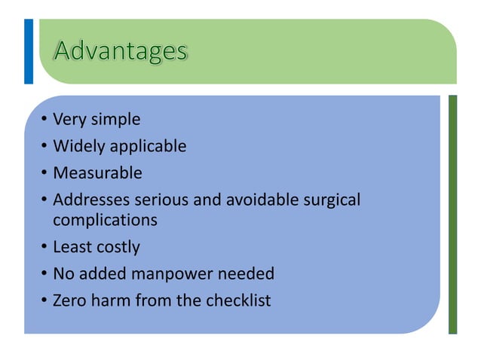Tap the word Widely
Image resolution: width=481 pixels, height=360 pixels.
[75, 145]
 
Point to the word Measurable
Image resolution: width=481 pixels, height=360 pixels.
[97, 172]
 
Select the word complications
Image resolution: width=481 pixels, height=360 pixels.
[105, 220]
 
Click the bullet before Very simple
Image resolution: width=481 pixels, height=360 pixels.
[44, 120]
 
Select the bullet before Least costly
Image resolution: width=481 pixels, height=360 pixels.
[44, 247]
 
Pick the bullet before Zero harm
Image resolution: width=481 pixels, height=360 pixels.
[44, 301]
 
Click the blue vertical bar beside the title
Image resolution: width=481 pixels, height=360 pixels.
[29, 51]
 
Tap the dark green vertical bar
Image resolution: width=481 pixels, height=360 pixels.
[452, 214]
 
